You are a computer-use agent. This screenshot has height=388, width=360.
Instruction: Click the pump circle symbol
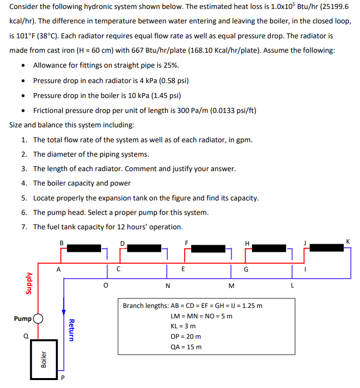[38, 318]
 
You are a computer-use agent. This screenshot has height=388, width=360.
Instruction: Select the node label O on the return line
[104, 286]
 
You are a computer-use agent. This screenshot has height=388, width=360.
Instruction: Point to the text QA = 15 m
[186, 347]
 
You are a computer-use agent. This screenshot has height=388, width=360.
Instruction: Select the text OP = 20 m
[186, 336]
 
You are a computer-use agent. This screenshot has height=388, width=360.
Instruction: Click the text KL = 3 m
[183, 326]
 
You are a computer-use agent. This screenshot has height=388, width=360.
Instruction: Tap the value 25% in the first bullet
[170, 66]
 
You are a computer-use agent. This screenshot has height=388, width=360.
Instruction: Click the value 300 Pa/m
[192, 110]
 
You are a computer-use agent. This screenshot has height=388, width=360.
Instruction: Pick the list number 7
[23, 227]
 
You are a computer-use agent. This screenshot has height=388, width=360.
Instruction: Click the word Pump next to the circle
[23, 318]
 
